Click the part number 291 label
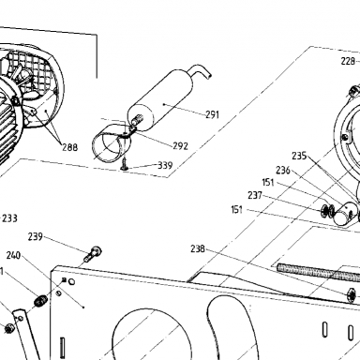click(212, 114)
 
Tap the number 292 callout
click(181, 145)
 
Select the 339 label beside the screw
click(165, 165)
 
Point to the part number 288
click(69, 147)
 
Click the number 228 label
click(348, 61)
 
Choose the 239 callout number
click(36, 236)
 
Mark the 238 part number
click(198, 248)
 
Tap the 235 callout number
click(299, 156)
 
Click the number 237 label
click(255, 195)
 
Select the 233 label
click(9, 218)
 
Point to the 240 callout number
click(13, 255)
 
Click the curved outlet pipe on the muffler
click(202, 71)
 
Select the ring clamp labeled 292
click(111, 144)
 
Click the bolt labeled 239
click(93, 253)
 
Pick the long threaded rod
click(318, 272)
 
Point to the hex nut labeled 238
click(352, 295)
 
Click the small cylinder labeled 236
click(343, 214)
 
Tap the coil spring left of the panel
click(40, 301)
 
